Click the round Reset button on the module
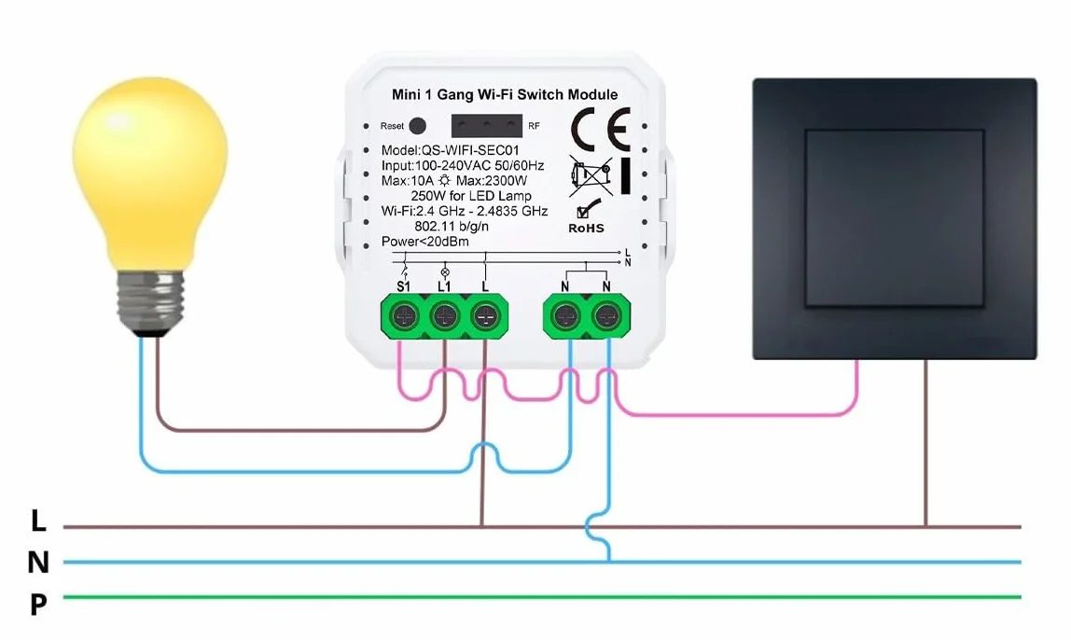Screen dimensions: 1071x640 click(x=417, y=126)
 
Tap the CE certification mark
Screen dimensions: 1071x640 click(x=601, y=129)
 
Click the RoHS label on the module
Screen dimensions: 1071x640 click(x=586, y=229)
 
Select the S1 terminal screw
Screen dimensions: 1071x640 click(x=404, y=316)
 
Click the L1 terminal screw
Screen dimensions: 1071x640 click(x=445, y=316)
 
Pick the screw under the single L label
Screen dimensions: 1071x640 click(x=486, y=316)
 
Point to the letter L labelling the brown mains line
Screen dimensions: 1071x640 click(x=38, y=522)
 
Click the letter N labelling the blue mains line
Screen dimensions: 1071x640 click(x=38, y=563)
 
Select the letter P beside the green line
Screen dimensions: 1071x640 click(x=38, y=605)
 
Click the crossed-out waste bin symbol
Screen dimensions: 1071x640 click(x=591, y=175)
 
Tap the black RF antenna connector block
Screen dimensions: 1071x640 click(x=486, y=126)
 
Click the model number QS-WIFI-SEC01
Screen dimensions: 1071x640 click(x=470, y=150)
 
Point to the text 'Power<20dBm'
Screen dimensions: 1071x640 click(x=424, y=241)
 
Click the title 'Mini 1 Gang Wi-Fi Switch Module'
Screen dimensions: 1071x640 click(x=505, y=94)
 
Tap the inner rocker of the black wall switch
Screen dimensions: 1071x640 click(x=895, y=218)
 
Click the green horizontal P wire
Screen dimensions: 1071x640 click(x=542, y=597)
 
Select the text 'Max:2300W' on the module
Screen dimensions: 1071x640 click(x=492, y=181)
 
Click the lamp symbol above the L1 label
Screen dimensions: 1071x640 click(x=445, y=271)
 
